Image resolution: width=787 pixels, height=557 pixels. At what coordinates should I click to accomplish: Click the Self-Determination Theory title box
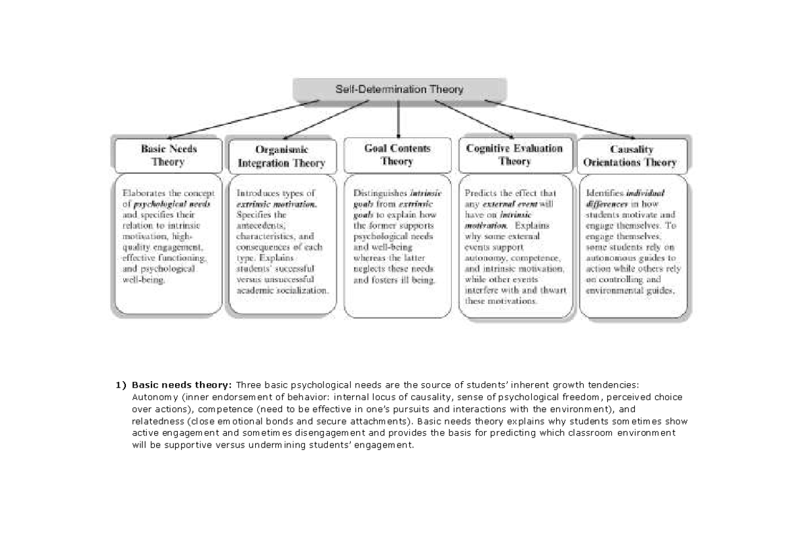point(399,89)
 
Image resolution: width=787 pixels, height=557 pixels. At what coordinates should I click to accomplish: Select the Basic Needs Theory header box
point(168,155)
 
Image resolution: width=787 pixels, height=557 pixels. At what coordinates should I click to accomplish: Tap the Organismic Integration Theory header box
point(281,156)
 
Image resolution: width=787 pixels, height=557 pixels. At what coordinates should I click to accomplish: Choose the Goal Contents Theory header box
point(397,155)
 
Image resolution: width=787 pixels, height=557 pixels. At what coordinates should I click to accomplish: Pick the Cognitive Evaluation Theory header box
point(514,154)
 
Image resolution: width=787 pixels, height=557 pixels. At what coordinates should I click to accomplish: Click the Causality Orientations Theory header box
point(631,155)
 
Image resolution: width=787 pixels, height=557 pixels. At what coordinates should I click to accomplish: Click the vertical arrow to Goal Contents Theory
point(398,118)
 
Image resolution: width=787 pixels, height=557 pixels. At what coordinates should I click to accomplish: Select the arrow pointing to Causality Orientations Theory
point(557,118)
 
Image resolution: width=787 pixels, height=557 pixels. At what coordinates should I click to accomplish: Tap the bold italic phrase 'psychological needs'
point(172,204)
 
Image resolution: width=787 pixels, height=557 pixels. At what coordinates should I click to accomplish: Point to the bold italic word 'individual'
point(645,194)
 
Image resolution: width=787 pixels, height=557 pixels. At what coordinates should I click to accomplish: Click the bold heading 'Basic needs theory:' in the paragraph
point(182,384)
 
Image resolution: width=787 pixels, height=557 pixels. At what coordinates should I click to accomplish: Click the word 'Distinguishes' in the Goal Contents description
point(380,194)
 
